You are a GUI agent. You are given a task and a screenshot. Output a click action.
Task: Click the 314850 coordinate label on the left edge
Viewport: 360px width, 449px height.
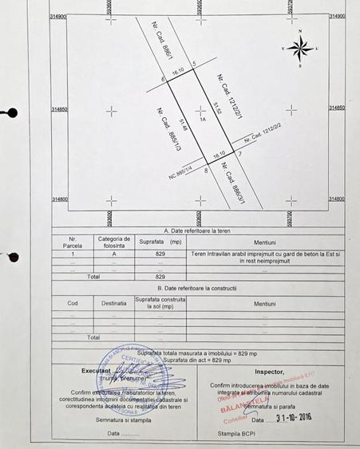coord(58,108)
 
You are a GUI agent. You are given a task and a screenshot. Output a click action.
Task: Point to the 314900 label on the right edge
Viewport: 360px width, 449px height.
coord(336,15)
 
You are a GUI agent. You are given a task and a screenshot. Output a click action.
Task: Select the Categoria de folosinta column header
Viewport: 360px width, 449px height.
coord(113,241)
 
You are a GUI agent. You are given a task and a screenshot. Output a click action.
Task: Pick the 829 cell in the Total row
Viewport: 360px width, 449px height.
coord(160,276)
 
